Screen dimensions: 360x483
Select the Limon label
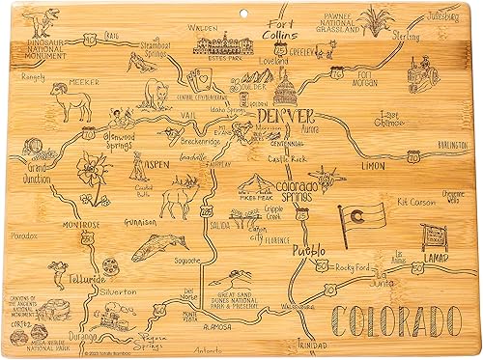373,167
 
